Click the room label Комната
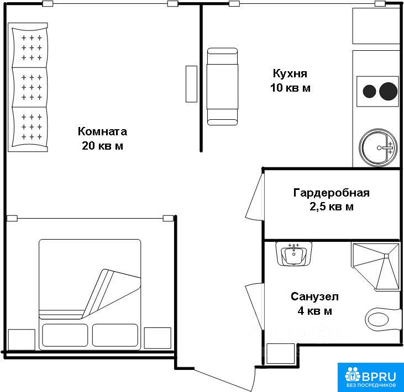102,131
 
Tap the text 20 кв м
102,146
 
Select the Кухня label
290,73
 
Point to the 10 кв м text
290,88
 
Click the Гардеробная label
332,193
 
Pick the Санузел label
314,296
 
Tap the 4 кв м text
314,311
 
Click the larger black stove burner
389,91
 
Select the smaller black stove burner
370,91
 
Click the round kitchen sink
378,147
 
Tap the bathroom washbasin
293,254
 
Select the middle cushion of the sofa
30,87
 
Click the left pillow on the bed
65,335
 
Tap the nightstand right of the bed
158,338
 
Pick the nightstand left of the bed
22,340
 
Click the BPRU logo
370,377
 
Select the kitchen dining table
222,87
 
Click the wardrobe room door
255,197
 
